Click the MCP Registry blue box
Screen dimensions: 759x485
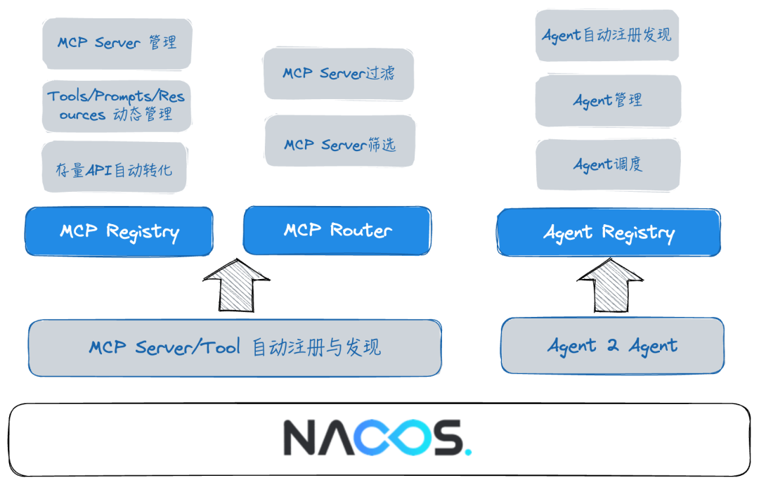[119, 231]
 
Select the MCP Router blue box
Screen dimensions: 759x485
[337, 230]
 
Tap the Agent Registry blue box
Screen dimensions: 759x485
[609, 233]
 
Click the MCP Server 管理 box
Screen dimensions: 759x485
[117, 43]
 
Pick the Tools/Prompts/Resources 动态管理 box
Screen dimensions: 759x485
[117, 105]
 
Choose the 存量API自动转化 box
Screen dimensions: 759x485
[114, 167]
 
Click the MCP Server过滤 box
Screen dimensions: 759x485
[338, 73]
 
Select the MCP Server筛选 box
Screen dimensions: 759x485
[340, 144]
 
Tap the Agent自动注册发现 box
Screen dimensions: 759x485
[607, 35]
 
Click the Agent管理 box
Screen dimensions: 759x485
[608, 101]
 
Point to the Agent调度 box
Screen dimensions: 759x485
[608, 165]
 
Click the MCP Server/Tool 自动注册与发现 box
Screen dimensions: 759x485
[235, 347]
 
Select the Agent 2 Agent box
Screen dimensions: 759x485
[612, 346]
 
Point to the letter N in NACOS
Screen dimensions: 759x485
[300, 438]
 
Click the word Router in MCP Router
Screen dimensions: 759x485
[361, 230]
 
